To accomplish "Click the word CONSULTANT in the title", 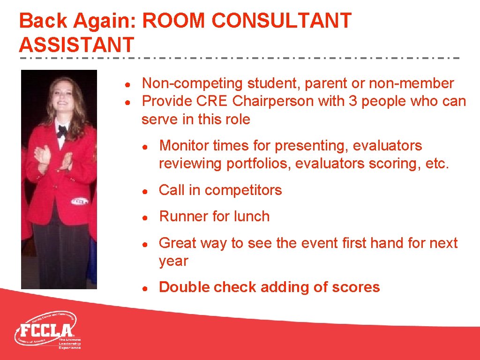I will coord(281,21).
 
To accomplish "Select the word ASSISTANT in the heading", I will coord(76,45).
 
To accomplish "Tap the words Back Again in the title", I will coord(77,21).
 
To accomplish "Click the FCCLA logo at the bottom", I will coord(47,330).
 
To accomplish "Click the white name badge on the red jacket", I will coord(80,201).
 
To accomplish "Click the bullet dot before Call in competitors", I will coord(146,191).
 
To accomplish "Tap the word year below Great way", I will coord(173,261).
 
